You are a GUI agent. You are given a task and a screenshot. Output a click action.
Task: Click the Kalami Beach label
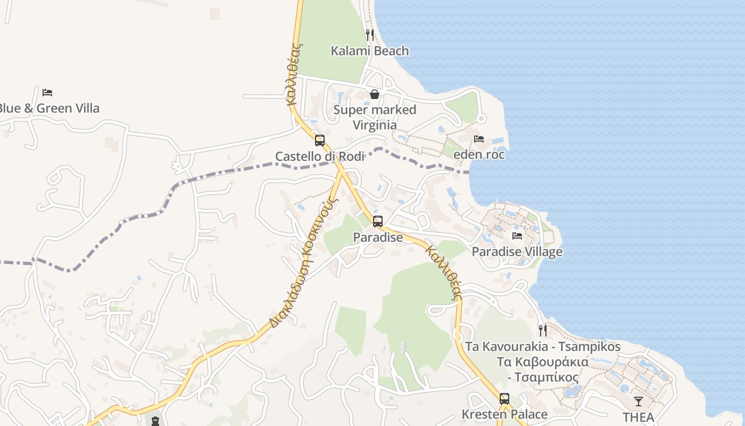click(x=370, y=51)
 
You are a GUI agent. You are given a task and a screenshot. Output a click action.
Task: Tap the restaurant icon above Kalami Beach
click(x=370, y=35)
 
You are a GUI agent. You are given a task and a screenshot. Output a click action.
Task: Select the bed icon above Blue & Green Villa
click(x=47, y=92)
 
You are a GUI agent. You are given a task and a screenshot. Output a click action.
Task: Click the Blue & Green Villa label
click(x=48, y=109)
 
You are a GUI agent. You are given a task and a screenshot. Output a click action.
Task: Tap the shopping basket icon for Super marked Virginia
click(x=375, y=94)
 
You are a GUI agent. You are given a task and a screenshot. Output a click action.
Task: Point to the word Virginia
click(x=375, y=125)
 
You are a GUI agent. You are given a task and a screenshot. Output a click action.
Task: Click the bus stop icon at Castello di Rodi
click(x=319, y=141)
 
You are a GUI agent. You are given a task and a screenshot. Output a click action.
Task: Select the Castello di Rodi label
click(x=320, y=157)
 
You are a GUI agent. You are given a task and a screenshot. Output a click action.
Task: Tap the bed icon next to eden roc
click(x=479, y=139)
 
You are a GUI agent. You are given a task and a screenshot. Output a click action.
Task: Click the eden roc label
click(x=479, y=155)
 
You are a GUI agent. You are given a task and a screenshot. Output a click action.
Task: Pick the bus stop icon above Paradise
click(x=378, y=222)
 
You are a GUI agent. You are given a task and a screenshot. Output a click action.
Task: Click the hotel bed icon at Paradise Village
click(x=517, y=235)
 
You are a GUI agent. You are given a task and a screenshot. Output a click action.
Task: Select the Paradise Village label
click(x=517, y=252)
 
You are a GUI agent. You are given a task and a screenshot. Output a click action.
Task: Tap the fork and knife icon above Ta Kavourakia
click(x=542, y=330)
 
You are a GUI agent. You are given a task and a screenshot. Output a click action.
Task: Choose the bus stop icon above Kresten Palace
click(x=504, y=398)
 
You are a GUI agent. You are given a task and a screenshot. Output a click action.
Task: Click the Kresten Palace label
click(x=504, y=414)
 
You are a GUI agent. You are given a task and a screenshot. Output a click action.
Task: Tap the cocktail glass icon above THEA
click(x=638, y=401)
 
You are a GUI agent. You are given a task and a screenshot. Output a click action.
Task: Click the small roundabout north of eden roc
click(x=481, y=118)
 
